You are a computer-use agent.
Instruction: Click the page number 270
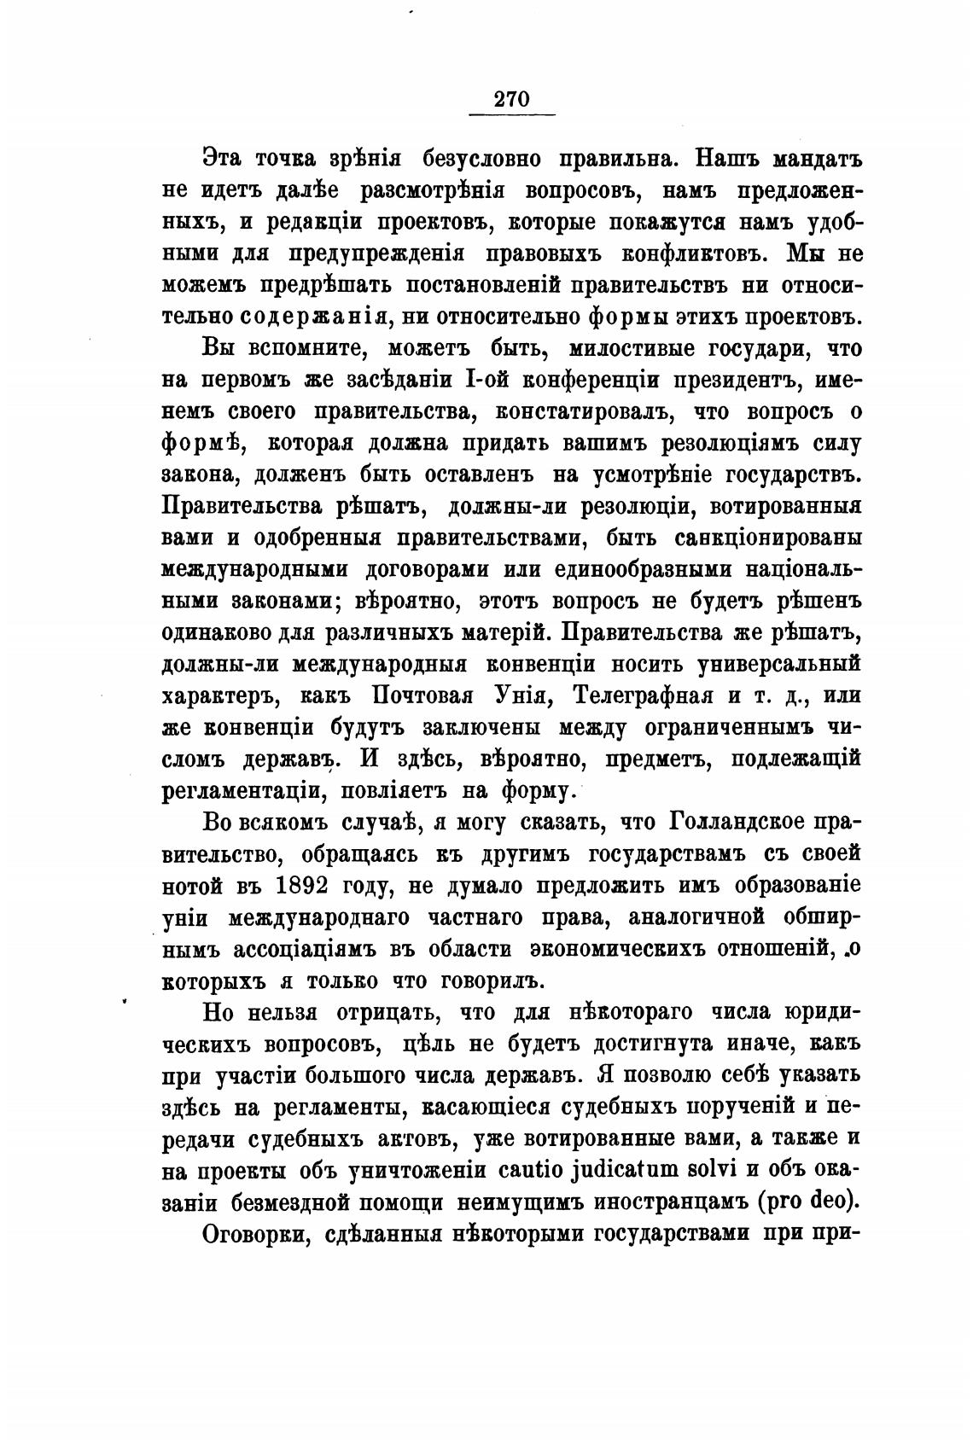click(x=512, y=99)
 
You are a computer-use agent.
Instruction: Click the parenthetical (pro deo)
click(x=807, y=1201)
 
